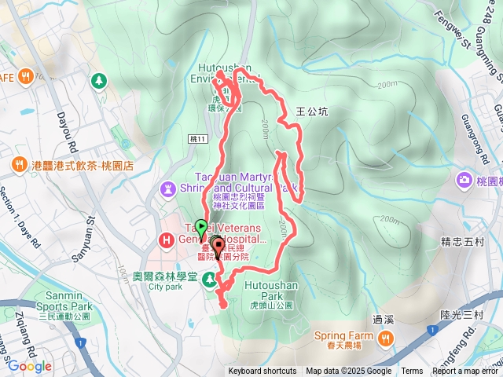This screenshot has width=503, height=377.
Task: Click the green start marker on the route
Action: (200, 229)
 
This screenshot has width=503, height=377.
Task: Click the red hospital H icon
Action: (166, 239)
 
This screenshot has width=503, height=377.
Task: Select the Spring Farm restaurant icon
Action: (384, 338)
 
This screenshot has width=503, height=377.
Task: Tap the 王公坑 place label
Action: (312, 112)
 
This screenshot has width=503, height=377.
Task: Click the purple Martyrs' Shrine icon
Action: (169, 188)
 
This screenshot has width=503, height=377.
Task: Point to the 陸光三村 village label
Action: (461, 315)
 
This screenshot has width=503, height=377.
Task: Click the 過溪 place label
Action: (383, 319)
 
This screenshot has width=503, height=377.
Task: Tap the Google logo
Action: (29, 366)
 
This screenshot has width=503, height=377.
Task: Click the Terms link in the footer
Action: (412, 372)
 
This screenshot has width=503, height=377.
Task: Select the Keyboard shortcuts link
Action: (263, 372)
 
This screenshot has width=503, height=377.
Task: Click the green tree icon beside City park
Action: (209, 279)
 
